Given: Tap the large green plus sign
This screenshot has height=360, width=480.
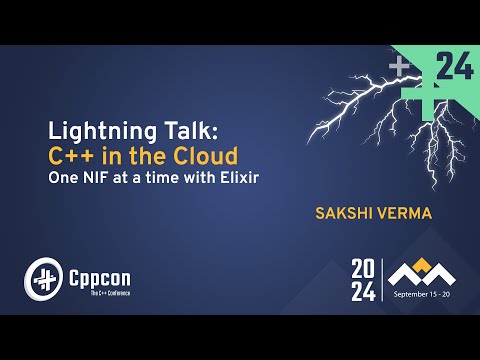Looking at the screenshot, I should (419, 85).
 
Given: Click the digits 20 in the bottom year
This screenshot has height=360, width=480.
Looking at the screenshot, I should (363, 267).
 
